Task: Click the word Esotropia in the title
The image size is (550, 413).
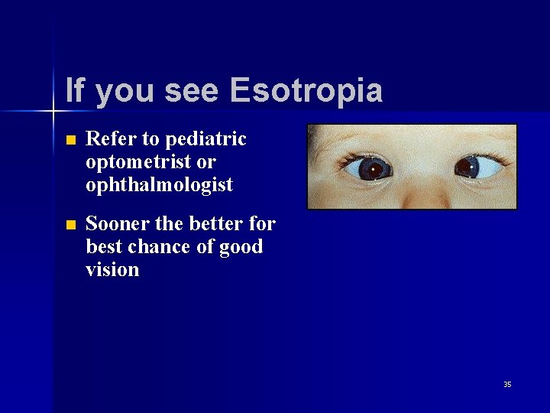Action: pyautogui.click(x=306, y=90)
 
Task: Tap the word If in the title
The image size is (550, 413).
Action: pyautogui.click(x=75, y=90)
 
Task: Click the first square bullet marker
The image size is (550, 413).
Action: pyautogui.click(x=71, y=141)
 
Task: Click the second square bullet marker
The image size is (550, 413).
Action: pyautogui.click(x=71, y=226)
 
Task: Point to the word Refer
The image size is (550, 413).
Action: pyautogui.click(x=112, y=139)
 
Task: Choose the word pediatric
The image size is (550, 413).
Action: pyautogui.click(x=205, y=139)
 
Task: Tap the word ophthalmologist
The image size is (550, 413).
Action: pyautogui.click(x=160, y=185)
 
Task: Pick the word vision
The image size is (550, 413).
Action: pyautogui.click(x=112, y=270)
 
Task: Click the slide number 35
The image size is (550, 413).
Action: pyautogui.click(x=507, y=384)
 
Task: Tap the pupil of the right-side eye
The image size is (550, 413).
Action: pyautogui.click(x=468, y=165)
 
